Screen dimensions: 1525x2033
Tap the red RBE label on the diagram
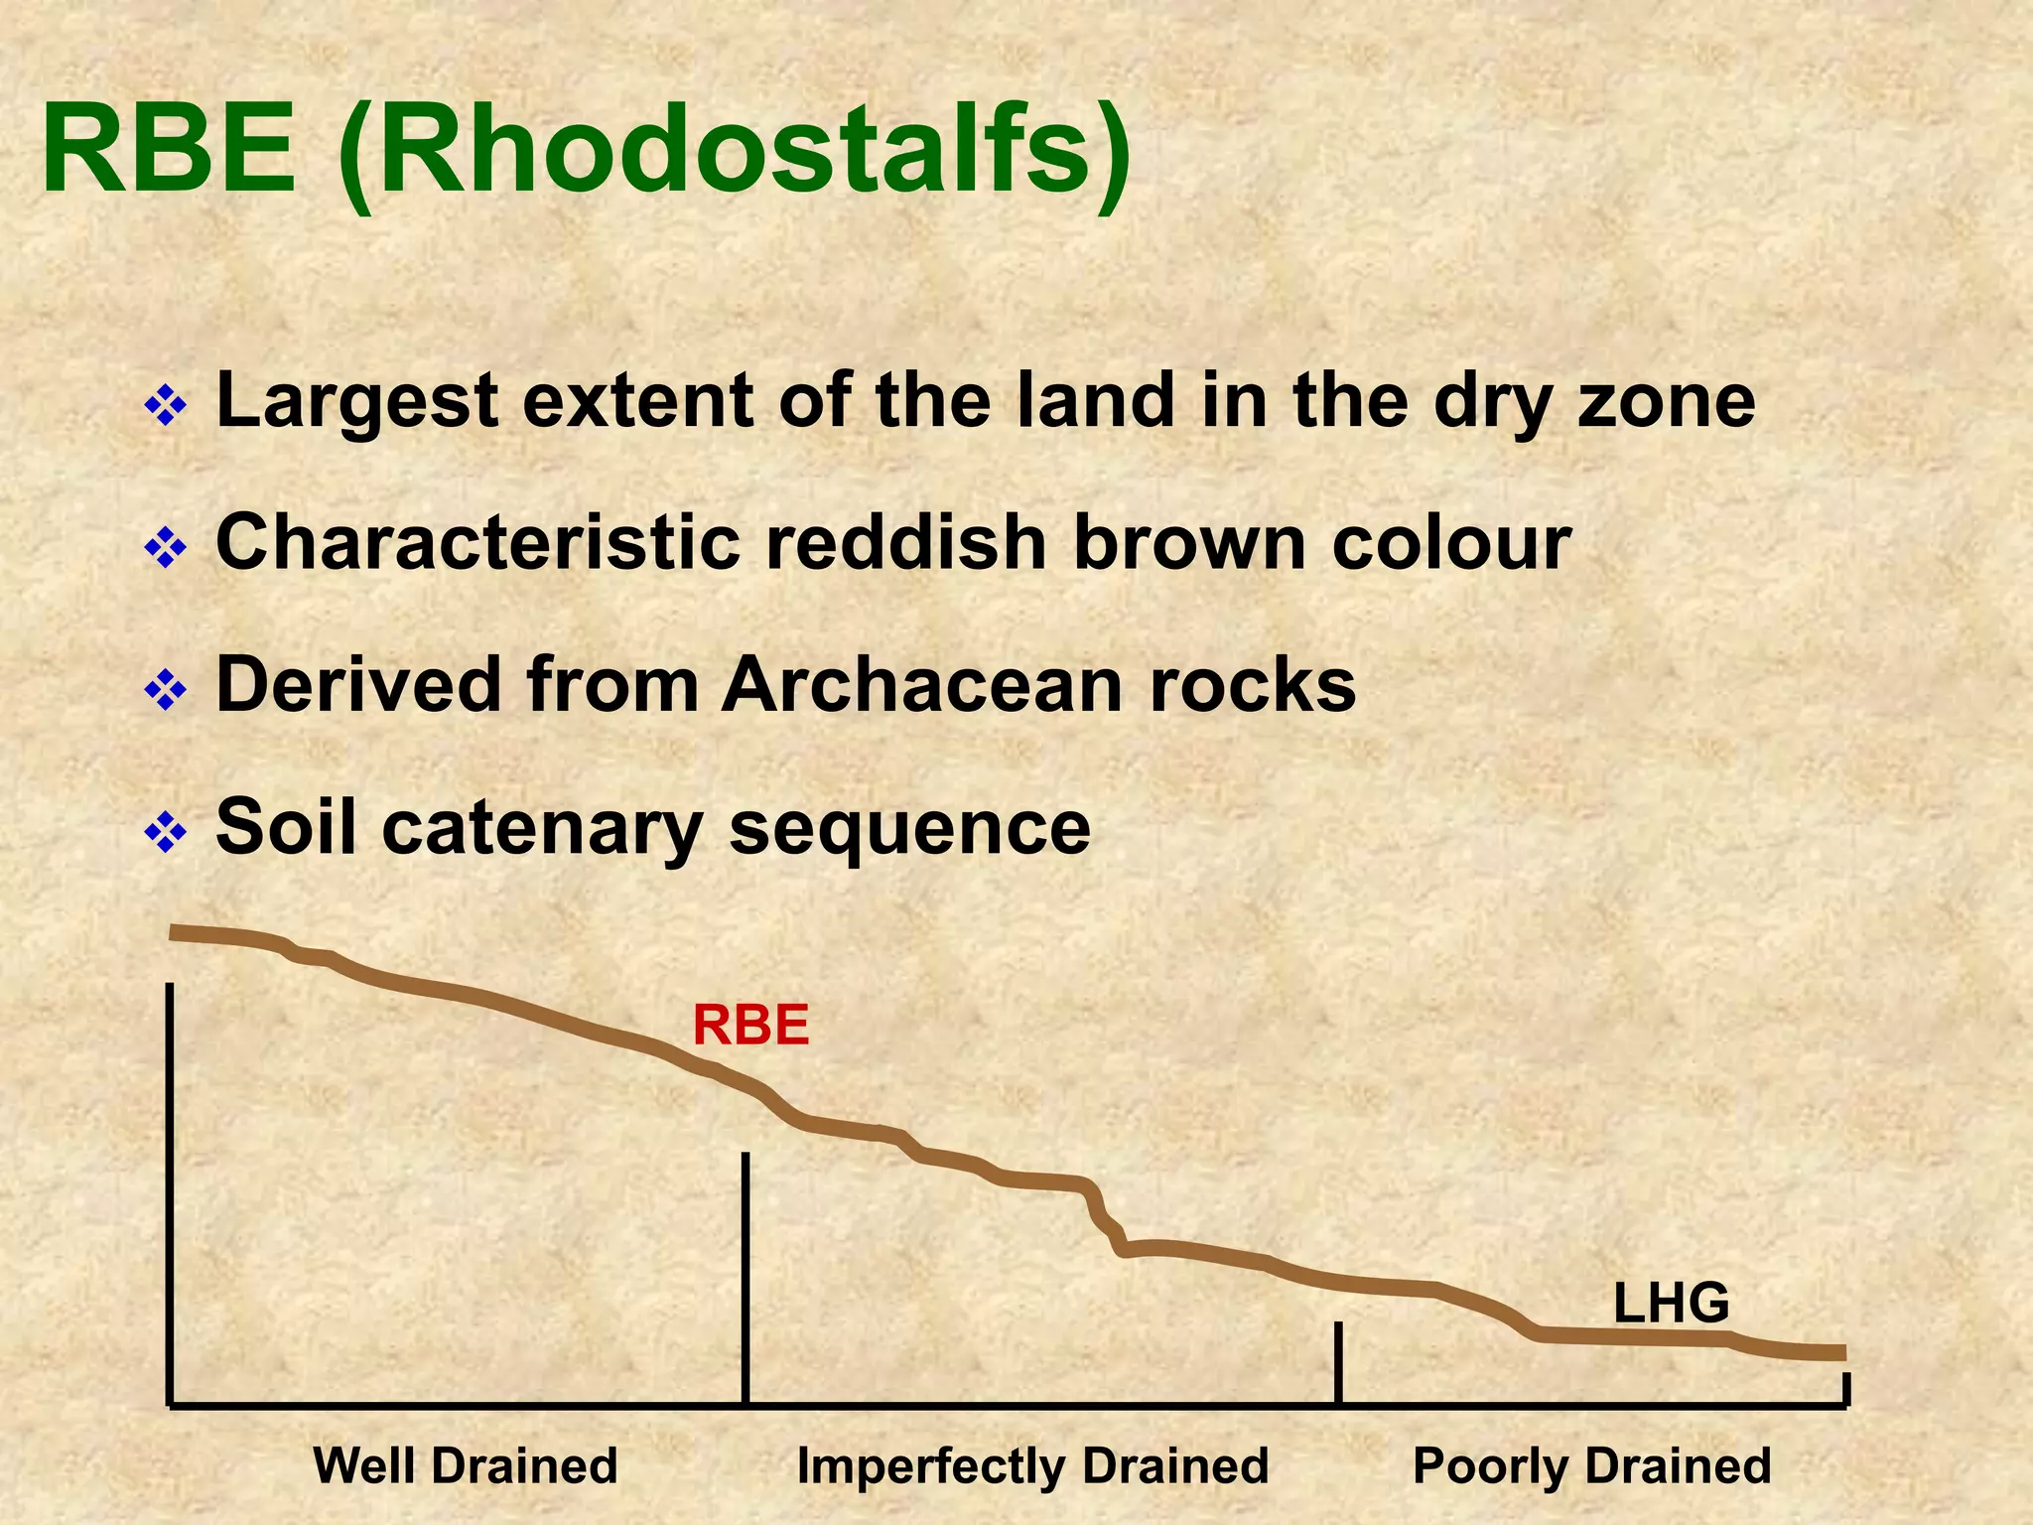coord(751,1026)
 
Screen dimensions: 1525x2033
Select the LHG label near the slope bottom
coord(1671,1304)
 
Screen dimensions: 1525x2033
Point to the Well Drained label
coord(465,1465)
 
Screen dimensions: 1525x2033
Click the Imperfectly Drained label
coord(1032,1465)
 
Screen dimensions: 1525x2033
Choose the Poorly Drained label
coord(1591,1465)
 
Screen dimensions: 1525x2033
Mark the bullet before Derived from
coord(166,689)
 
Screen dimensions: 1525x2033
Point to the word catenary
coord(542,829)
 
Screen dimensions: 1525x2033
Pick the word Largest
coord(357,402)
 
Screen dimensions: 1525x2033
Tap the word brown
coord(1189,543)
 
